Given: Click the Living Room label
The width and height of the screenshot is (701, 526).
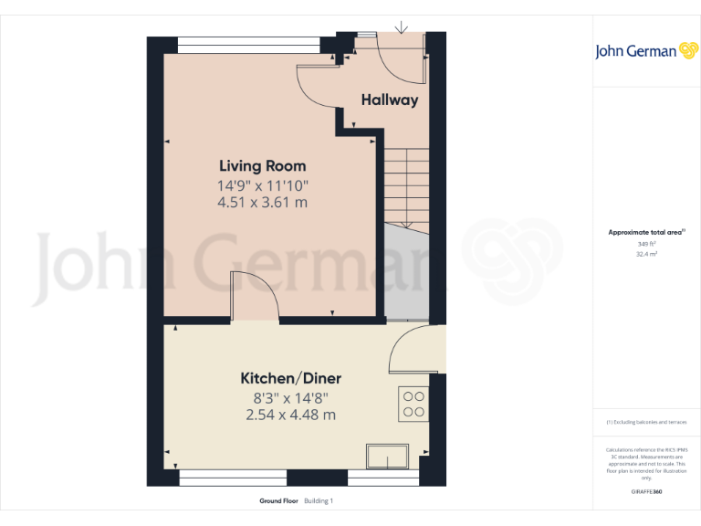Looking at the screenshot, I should (x=262, y=166).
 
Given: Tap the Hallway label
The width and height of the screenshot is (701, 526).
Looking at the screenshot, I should (x=390, y=100).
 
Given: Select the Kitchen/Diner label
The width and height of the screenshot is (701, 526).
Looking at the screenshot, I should (x=290, y=378).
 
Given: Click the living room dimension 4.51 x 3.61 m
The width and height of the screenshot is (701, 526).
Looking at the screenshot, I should (x=262, y=203).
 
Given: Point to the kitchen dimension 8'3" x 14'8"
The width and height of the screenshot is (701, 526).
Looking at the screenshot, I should (x=290, y=398).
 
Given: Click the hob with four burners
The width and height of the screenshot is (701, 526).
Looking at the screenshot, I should (x=413, y=405).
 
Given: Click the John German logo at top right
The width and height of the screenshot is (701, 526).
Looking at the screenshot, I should (x=645, y=51).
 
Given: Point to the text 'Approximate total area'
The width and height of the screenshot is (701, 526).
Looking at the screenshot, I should (x=644, y=233).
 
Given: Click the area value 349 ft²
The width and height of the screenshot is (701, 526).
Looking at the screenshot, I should (x=644, y=244).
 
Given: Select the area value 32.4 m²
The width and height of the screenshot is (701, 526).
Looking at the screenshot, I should (x=644, y=255).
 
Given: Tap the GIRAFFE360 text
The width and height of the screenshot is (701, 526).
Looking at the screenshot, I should (x=645, y=492).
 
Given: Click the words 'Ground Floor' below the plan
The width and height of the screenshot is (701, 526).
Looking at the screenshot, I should (x=279, y=501).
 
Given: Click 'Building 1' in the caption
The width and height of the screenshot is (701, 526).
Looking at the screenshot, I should (x=319, y=501).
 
